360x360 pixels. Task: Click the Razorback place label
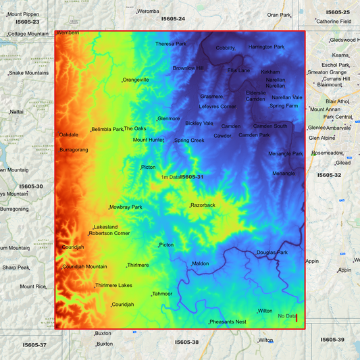[x=203, y=205]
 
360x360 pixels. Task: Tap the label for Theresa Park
[x=170, y=44]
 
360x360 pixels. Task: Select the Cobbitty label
[x=226, y=48]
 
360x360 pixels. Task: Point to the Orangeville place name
[x=136, y=80]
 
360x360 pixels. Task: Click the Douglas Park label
[x=272, y=253]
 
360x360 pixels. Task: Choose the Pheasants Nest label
[x=228, y=322]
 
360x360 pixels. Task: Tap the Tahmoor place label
[x=162, y=294]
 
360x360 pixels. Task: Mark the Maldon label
[x=201, y=263]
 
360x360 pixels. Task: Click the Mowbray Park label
[x=126, y=207]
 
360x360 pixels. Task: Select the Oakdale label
[x=69, y=134]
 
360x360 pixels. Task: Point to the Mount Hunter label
[x=148, y=140]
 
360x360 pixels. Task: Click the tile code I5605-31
[x=192, y=177]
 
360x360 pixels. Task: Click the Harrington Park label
[x=266, y=47]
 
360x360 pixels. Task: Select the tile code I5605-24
[x=173, y=19]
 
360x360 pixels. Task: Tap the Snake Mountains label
[x=28, y=73]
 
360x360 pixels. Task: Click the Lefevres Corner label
[x=217, y=106]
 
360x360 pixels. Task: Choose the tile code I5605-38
[x=186, y=342]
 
